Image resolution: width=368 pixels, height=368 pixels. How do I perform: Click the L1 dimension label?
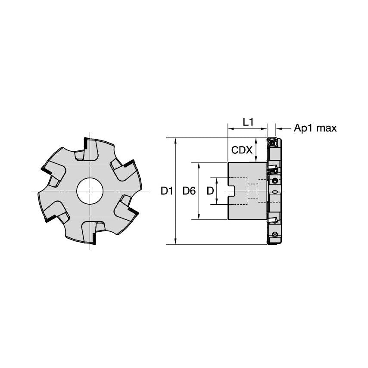pyautogui.click(x=248, y=122)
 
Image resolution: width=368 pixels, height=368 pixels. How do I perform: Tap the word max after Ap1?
pyautogui.click(x=327, y=128)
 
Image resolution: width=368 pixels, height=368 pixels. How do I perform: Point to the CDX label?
pyautogui.click(x=242, y=150)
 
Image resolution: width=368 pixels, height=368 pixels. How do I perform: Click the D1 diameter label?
pyautogui.click(x=167, y=191)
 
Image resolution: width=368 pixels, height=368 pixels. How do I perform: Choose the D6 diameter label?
pyautogui.click(x=189, y=191)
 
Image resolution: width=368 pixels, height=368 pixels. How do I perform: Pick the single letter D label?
pyautogui.click(x=210, y=191)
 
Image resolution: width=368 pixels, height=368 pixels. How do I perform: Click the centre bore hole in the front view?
pyautogui.click(x=90, y=191)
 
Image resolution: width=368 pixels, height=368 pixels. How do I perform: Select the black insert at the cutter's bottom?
pyautogui.click(x=94, y=238)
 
